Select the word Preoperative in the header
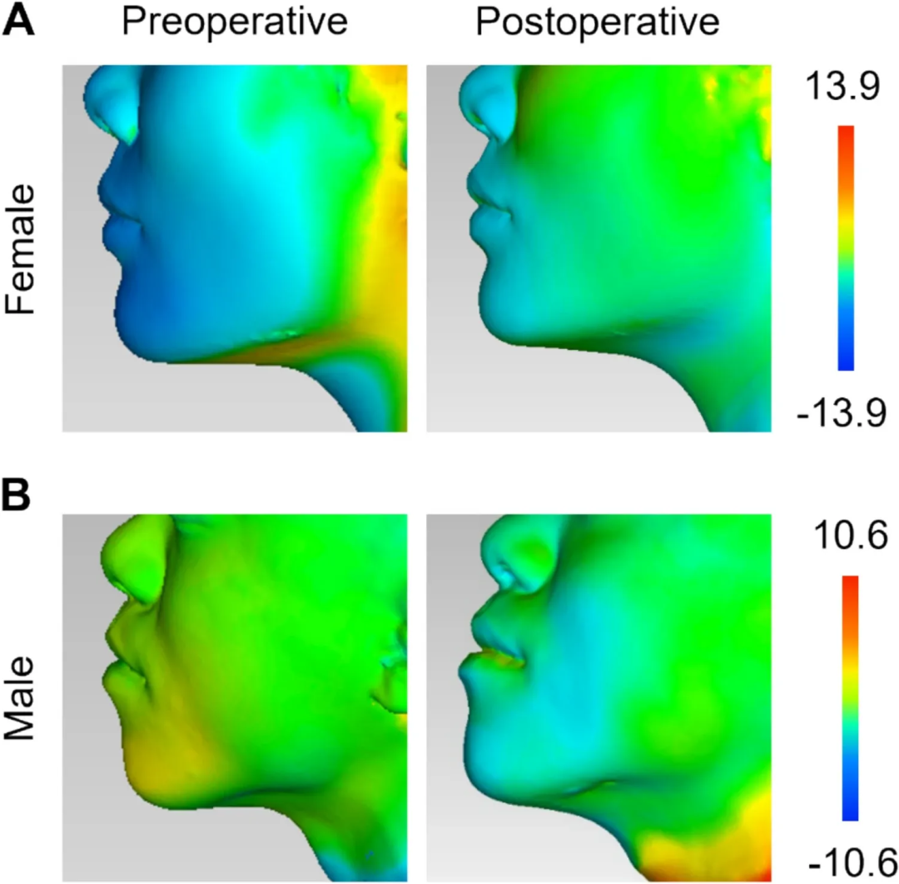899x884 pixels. (x=234, y=22)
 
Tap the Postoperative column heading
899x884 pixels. (x=597, y=22)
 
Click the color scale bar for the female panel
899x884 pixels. (x=847, y=247)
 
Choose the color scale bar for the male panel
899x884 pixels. (x=850, y=697)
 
